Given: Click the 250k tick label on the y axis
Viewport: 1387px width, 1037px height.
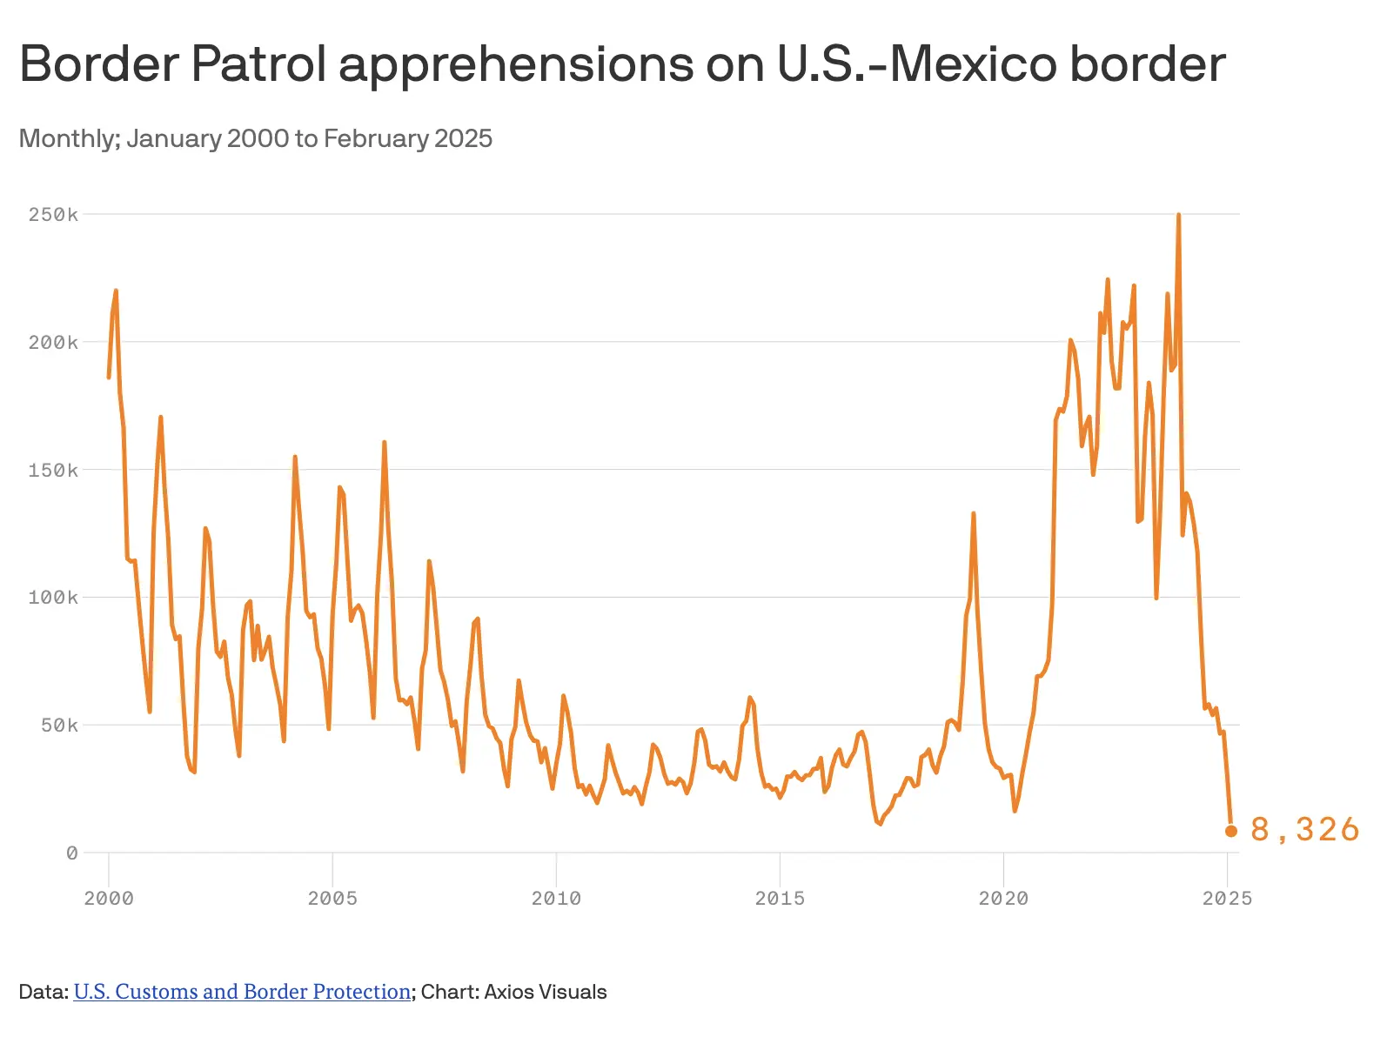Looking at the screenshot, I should point(53,215).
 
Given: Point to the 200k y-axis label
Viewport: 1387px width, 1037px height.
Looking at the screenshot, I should point(53,343).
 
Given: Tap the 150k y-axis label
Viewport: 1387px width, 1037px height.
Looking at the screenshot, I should point(53,471).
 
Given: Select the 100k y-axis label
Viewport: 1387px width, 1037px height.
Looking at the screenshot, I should point(53,598).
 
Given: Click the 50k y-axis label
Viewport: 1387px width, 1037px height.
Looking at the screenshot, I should point(59,726).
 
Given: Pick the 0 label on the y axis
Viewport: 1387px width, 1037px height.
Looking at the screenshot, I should point(71,853).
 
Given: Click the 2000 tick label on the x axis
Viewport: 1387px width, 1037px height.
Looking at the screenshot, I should point(109,899).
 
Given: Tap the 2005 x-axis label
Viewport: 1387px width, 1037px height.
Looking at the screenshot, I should point(332,899).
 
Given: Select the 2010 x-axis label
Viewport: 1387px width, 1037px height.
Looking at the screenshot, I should point(556,899).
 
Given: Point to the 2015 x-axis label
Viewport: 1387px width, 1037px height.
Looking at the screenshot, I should point(780,899).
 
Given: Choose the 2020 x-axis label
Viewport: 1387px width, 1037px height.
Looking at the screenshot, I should point(1003,899).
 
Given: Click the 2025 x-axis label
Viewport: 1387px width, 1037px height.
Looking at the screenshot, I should point(1227,899).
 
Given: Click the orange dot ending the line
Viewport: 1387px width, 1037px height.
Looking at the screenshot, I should point(1231,831).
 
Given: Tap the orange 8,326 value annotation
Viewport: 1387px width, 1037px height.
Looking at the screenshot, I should point(1304,830).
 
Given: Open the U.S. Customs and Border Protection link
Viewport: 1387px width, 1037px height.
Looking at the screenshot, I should point(242,992).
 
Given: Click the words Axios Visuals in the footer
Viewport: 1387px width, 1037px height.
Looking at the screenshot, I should point(545,992).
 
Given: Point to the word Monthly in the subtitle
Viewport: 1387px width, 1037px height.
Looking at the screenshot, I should point(68,138).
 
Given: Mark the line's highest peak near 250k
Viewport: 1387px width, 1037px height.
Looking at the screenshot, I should point(1178,215).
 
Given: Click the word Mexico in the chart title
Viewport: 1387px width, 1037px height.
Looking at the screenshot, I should point(975,64).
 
